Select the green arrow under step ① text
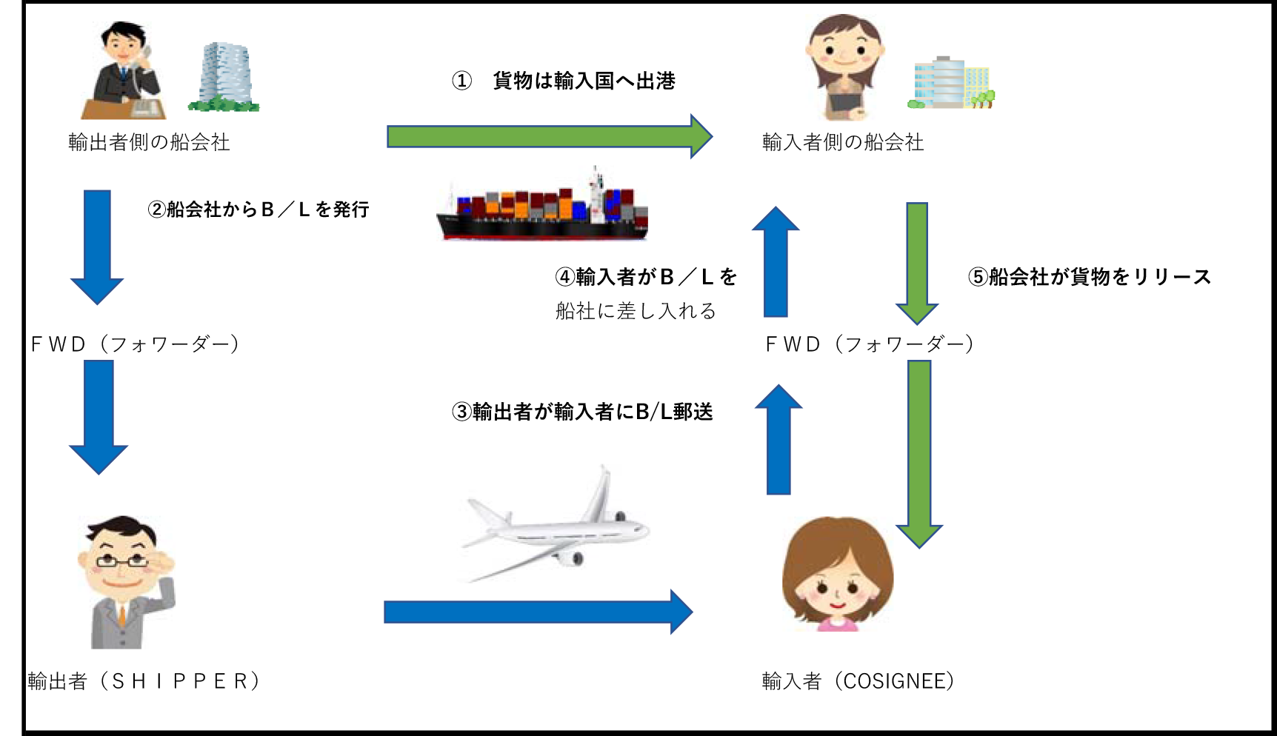(x=548, y=136)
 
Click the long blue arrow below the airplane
(x=537, y=612)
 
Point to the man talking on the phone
(x=124, y=72)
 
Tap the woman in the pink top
(x=838, y=575)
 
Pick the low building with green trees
(x=951, y=84)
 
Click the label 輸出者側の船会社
(x=149, y=142)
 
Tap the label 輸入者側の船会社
(x=843, y=142)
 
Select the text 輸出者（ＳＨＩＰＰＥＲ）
(x=144, y=681)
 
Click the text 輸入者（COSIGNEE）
(x=858, y=681)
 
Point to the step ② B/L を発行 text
(x=259, y=210)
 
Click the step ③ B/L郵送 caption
(x=582, y=412)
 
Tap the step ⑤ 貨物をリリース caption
(x=1089, y=277)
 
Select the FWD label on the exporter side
(x=134, y=344)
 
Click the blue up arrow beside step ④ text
(x=776, y=263)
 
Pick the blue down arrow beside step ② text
(x=97, y=247)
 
